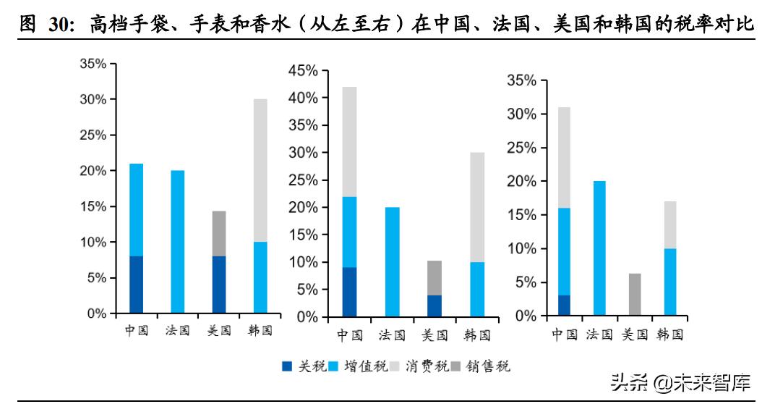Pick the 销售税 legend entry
489,367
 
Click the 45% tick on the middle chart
304,70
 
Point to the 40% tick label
304,98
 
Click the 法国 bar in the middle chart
393,261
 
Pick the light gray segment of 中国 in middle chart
350,141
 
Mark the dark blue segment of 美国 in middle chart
434,306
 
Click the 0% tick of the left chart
96,313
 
